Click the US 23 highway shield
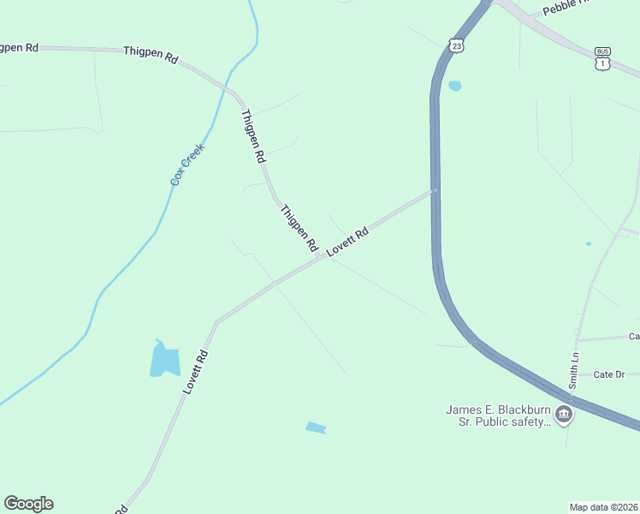457,45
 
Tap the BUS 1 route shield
603,58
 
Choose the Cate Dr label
609,374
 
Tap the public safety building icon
564,416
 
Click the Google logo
28,504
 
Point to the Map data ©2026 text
603,506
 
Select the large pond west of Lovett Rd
164,360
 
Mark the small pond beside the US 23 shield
455,86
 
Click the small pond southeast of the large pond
316,427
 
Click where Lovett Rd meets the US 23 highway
436,190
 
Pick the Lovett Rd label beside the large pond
195,371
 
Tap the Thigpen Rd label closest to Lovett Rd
299,226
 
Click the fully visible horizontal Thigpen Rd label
151,55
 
